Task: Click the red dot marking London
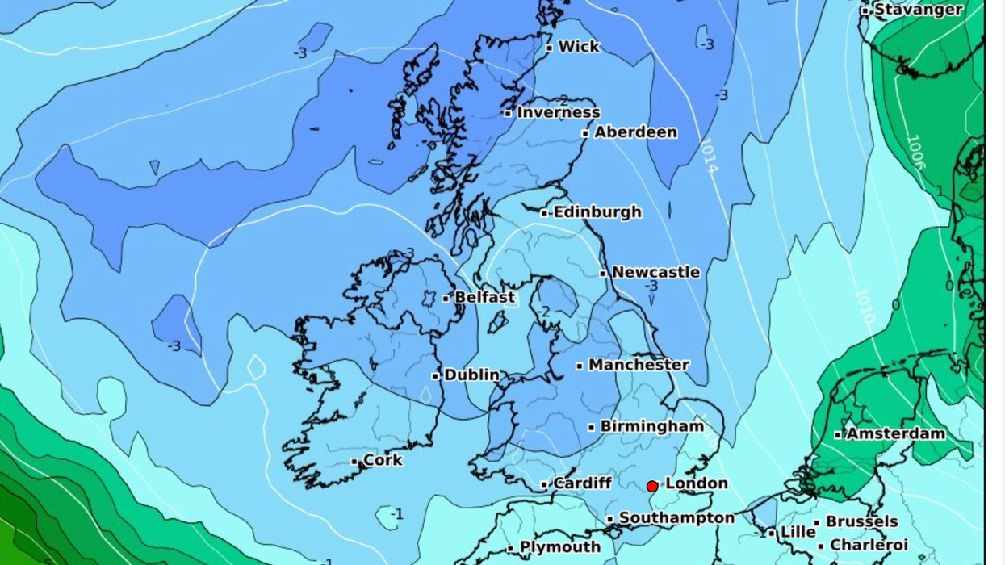(x=652, y=486)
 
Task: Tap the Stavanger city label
(x=918, y=10)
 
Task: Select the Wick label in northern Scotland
(x=579, y=47)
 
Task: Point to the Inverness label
(x=558, y=113)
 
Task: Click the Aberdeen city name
(x=635, y=132)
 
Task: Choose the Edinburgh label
(x=597, y=212)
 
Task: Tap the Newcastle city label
(x=655, y=273)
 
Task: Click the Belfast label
(x=484, y=298)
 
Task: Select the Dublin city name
(x=471, y=375)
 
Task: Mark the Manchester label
(x=639, y=365)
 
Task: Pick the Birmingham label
(x=651, y=426)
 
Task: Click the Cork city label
(x=383, y=461)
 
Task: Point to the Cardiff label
(x=582, y=483)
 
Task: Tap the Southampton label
(x=676, y=518)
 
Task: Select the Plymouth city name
(x=559, y=547)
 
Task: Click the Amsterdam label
(x=894, y=434)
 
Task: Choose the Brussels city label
(x=861, y=521)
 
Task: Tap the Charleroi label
(x=869, y=546)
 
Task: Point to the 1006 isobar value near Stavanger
(x=915, y=152)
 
